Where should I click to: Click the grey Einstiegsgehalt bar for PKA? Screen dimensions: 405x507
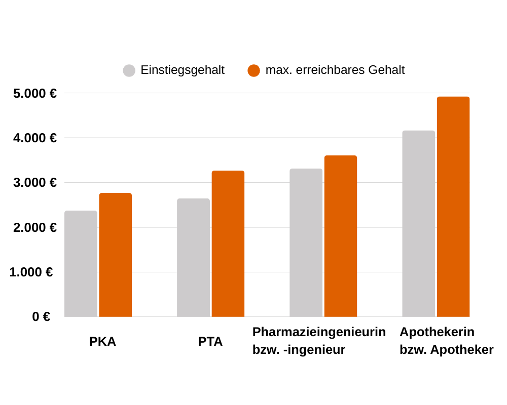pyautogui.click(x=81, y=264)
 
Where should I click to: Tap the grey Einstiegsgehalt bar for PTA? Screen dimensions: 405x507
pyautogui.click(x=193, y=258)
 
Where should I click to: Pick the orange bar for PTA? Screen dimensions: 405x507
pyautogui.click(x=228, y=244)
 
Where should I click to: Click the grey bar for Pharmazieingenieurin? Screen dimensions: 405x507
pyautogui.click(x=306, y=242)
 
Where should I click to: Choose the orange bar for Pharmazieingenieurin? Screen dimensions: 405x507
pyautogui.click(x=340, y=236)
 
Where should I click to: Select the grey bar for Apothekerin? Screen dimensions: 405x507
pyautogui.click(x=418, y=224)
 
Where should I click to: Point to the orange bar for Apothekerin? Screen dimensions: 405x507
pyautogui.click(x=453, y=207)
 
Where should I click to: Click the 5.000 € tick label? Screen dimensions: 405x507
pyautogui.click(x=35, y=94)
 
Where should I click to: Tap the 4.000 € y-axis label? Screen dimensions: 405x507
pyautogui.click(x=35, y=138)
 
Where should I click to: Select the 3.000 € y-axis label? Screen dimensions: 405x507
pyautogui.click(x=35, y=183)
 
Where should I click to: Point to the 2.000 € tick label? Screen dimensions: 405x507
pyautogui.click(x=35, y=228)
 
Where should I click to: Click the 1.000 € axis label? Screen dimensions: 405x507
pyautogui.click(x=31, y=272)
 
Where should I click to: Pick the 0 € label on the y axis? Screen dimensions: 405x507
pyautogui.click(x=41, y=317)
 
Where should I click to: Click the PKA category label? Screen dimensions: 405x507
pyautogui.click(x=102, y=342)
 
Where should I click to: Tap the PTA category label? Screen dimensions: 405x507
pyautogui.click(x=210, y=342)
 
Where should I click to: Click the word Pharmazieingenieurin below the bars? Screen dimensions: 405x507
pyautogui.click(x=319, y=332)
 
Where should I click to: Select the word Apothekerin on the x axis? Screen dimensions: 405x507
pyautogui.click(x=437, y=332)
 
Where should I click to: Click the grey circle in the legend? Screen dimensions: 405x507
pyautogui.click(x=129, y=70)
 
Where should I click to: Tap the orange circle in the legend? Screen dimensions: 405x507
pyautogui.click(x=253, y=70)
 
